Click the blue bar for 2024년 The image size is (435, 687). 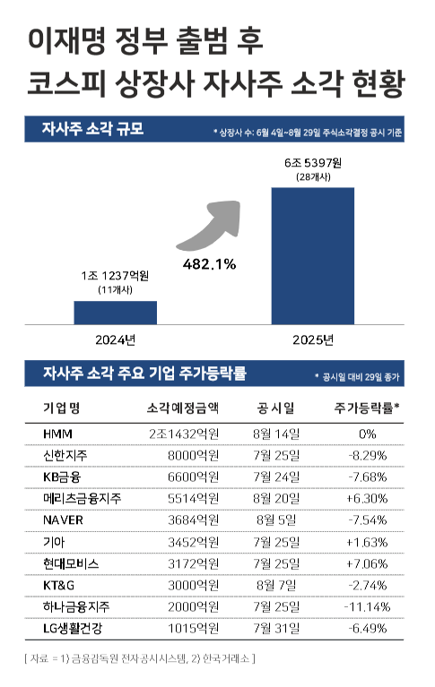pyautogui.click(x=115, y=312)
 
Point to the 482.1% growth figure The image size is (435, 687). pyautogui.click(x=208, y=264)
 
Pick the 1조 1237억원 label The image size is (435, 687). pyautogui.click(x=115, y=277)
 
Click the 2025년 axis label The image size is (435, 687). pyautogui.click(x=313, y=339)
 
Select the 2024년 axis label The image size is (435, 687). pyautogui.click(x=115, y=339)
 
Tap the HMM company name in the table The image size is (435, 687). pyautogui.click(x=57, y=433)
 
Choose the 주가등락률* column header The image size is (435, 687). pyautogui.click(x=367, y=408)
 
